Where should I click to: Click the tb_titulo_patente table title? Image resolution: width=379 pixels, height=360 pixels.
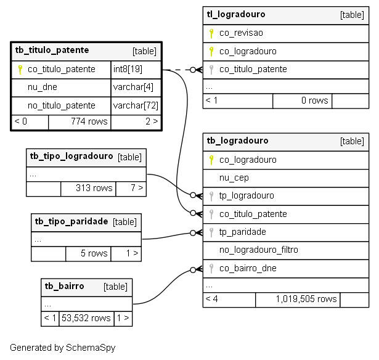(x=52, y=51)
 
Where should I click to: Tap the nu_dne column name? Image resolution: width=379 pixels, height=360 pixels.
(x=43, y=87)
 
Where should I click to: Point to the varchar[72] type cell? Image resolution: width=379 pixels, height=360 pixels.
(x=136, y=105)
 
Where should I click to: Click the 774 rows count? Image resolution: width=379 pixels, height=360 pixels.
(x=89, y=121)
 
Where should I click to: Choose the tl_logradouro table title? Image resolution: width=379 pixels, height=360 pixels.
(x=236, y=15)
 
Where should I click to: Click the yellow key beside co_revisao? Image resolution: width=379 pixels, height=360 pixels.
(x=211, y=33)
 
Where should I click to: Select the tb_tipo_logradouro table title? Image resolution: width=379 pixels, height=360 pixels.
(x=71, y=157)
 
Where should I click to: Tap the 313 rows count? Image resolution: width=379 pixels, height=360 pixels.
(x=94, y=188)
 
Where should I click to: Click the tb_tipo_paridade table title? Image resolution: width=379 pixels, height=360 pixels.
(x=71, y=221)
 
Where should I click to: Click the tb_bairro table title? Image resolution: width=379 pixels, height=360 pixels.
(x=64, y=286)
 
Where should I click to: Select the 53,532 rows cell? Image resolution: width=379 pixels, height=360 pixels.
(x=86, y=318)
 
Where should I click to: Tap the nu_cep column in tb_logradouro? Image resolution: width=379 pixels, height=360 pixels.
(x=234, y=178)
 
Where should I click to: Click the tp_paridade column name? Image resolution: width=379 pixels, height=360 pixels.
(x=242, y=232)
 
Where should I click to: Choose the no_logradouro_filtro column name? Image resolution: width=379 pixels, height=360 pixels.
(x=259, y=250)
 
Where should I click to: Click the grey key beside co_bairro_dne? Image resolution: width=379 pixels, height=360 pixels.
(x=211, y=268)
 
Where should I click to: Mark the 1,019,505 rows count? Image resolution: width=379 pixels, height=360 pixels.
(x=306, y=299)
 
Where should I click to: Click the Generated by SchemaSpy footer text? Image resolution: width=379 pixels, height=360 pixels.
(x=63, y=348)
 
